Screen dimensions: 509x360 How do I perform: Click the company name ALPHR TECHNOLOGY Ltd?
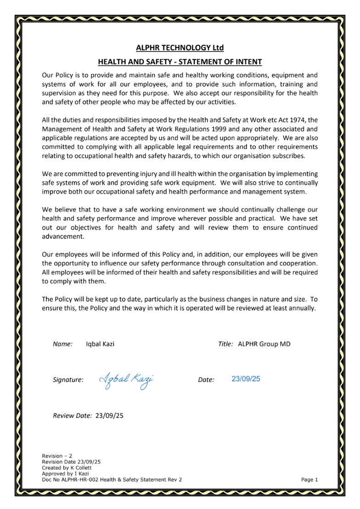180,48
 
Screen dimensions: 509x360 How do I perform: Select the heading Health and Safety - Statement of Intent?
180,62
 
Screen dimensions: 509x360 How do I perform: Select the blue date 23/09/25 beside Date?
246,379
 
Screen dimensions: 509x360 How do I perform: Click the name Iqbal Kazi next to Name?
100,344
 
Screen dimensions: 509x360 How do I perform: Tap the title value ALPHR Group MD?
264,344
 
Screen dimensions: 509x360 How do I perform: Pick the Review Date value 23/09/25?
109,416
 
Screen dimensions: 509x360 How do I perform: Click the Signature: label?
68,380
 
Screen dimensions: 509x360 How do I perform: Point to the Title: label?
225,344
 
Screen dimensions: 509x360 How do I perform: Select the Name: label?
63,344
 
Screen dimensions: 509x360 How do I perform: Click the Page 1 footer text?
309,480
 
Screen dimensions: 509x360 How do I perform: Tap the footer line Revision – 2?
57,456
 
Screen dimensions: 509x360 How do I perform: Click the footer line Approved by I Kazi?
65,474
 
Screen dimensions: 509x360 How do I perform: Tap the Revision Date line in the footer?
71,462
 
